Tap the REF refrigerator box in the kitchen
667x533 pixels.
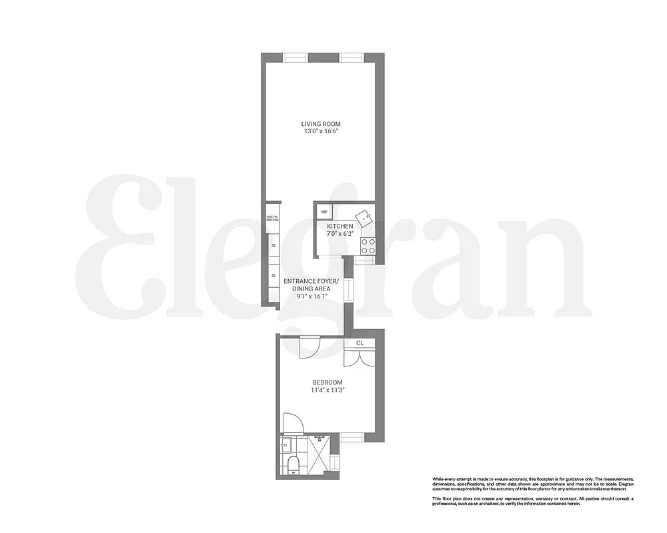pos(325,212)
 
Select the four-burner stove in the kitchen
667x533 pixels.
pos(368,245)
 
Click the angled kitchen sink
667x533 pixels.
pos(364,217)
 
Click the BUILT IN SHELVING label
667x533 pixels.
pos(272,219)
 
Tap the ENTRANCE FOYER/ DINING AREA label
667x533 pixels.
pos(311,285)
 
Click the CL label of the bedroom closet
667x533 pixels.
pos(360,343)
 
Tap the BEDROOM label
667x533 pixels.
pos(327,382)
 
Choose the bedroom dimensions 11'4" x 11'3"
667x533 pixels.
pos(327,390)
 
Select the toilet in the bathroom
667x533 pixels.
pos(292,464)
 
